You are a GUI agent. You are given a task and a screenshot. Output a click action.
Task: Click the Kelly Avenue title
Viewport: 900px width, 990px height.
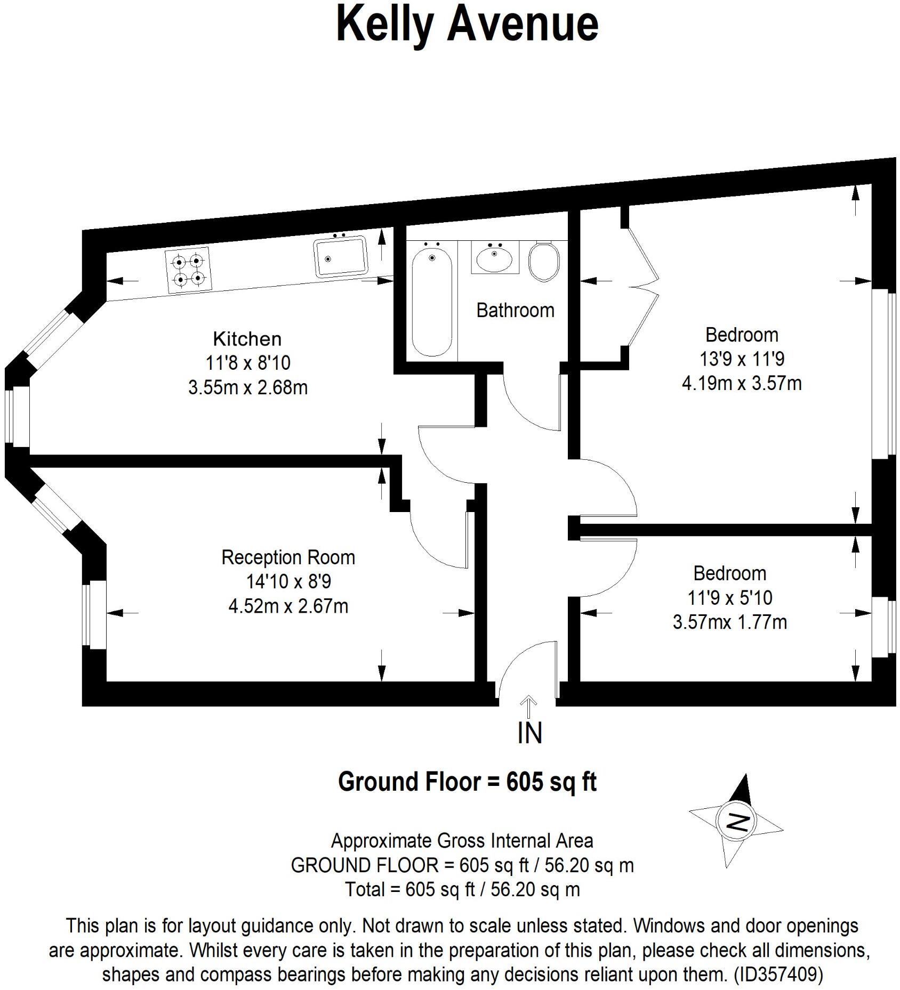pos(467,25)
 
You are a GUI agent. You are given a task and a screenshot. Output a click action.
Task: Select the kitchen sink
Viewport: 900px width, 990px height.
pos(341,257)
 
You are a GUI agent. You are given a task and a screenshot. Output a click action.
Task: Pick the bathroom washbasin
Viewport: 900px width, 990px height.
pos(494,258)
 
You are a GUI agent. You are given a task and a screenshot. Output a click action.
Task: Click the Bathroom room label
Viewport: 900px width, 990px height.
pos(515,310)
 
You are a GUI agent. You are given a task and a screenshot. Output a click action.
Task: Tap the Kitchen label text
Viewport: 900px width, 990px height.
pos(247,339)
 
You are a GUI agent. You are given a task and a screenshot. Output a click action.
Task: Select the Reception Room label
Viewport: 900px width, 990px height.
pos(288,557)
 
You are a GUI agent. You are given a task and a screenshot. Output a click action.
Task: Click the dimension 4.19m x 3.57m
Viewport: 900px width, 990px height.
pos(742,383)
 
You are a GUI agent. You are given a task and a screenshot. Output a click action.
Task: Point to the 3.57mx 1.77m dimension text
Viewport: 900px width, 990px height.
pos(729,622)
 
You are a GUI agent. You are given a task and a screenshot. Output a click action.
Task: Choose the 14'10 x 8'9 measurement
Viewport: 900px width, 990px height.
pos(288,581)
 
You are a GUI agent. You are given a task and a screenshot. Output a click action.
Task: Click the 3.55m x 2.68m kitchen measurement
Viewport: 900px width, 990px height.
pos(248,387)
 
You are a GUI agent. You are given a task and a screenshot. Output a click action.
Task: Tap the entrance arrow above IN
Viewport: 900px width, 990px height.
pos(529,707)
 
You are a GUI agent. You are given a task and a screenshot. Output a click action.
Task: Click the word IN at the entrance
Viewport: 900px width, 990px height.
pos(529,733)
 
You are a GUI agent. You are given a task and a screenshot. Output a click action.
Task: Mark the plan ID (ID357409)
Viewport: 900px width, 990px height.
pos(778,975)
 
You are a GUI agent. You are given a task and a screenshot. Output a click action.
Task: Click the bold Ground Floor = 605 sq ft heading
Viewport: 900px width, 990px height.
pos(467,782)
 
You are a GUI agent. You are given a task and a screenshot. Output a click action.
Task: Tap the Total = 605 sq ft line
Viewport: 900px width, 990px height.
pos(462,889)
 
